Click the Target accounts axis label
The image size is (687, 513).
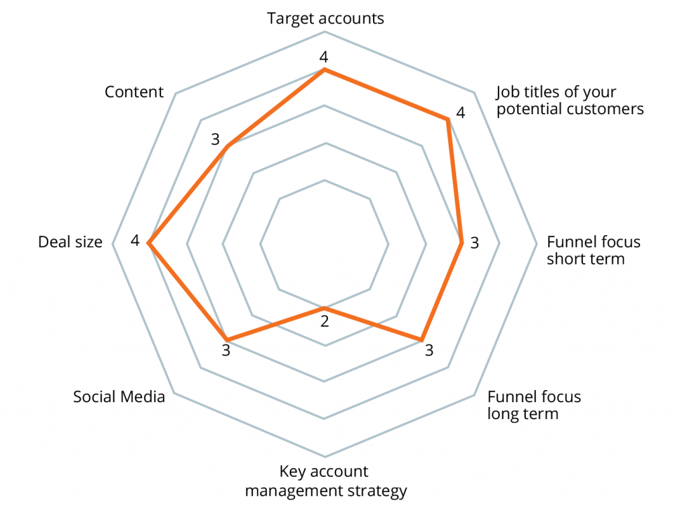coord(325,18)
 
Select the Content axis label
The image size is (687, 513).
coord(134,92)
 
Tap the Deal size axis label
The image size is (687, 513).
coord(70,242)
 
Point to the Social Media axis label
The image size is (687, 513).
coord(119,397)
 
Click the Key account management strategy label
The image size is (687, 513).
coord(325,481)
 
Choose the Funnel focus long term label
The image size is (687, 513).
coord(533,405)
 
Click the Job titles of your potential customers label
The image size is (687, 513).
coord(570,100)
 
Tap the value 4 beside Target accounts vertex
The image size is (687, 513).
coord(325,57)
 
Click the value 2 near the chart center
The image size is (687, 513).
coord(325,322)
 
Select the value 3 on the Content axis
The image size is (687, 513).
coord(215,140)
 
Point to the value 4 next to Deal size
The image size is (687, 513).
coord(135,240)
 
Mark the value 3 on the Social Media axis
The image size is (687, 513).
coord(226,351)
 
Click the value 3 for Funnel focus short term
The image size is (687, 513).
coord(474,243)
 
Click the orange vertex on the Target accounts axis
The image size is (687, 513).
coord(325,69)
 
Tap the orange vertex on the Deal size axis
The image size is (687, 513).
coord(149,244)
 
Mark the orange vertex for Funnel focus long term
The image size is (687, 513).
coord(422,339)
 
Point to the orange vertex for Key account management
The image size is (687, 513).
coord(325,310)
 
